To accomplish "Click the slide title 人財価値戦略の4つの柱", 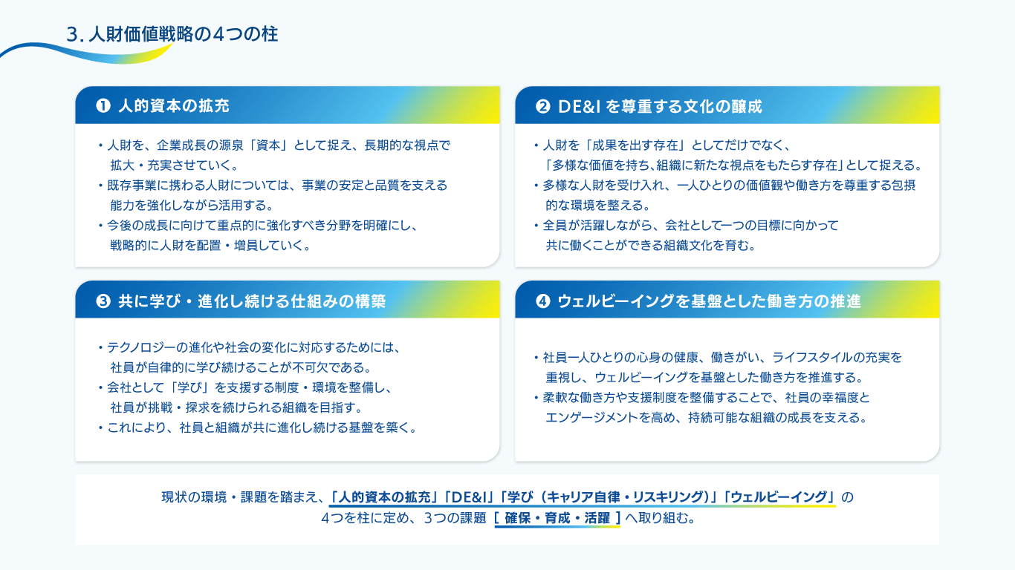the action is (183, 34).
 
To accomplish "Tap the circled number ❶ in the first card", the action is (103, 106).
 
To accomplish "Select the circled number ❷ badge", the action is (543, 106).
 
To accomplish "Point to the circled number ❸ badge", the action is (103, 301).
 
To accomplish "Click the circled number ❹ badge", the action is (543, 301).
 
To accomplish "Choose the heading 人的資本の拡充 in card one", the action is (174, 106).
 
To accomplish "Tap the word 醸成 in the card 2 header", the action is (747, 106).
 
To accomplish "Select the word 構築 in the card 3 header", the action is (370, 301).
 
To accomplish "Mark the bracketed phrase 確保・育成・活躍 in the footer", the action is (557, 518).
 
